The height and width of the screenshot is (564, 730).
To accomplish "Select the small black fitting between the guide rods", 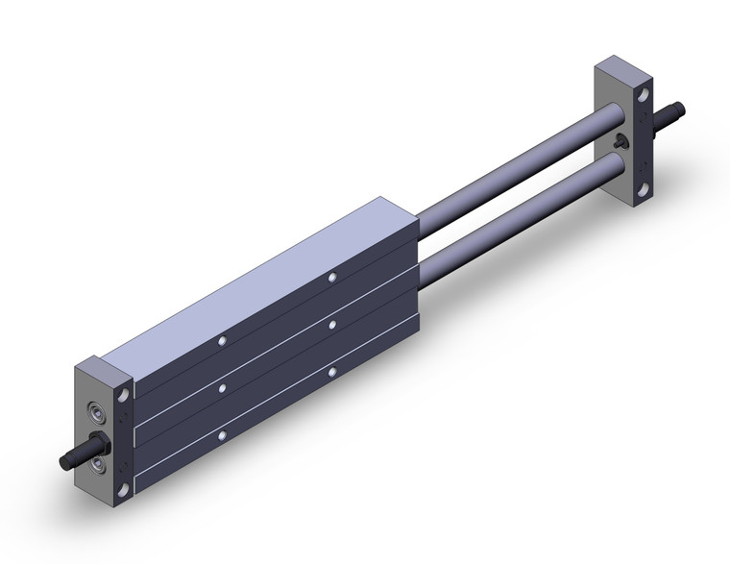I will (x=620, y=143).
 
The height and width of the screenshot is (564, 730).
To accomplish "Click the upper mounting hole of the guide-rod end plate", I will (x=643, y=94).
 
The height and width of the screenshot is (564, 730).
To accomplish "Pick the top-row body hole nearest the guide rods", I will (x=331, y=278).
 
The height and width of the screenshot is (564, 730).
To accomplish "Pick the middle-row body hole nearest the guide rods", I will (x=331, y=326).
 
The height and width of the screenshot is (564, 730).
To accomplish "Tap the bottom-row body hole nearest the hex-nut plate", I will (x=222, y=435).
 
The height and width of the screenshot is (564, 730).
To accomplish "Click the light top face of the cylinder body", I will (x=259, y=279).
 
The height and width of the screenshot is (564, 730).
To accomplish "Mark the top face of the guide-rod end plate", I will (x=624, y=70).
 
